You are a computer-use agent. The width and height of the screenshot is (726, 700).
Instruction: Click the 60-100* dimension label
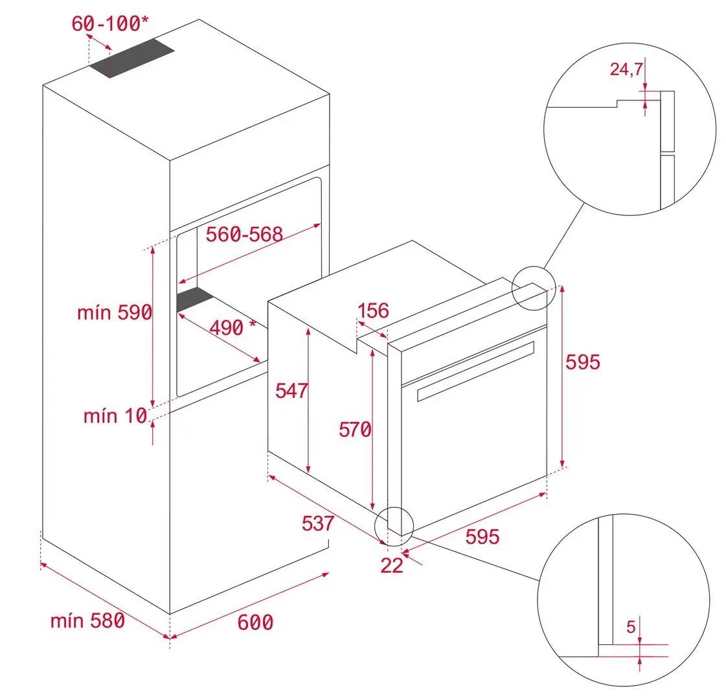pyautogui.click(x=109, y=24)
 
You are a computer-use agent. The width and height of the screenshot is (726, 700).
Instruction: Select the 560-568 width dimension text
pyautogui.click(x=244, y=234)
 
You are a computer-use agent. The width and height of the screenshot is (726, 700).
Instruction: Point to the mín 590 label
pyautogui.click(x=114, y=312)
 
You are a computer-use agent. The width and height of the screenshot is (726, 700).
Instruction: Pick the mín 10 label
pyautogui.click(x=115, y=415)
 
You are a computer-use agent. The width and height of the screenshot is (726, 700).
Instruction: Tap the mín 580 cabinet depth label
pyautogui.click(x=87, y=620)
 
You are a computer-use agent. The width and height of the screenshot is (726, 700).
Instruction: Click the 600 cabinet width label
pyautogui.click(x=255, y=622)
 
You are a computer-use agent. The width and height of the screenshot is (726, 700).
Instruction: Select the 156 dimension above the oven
pyautogui.click(x=373, y=311)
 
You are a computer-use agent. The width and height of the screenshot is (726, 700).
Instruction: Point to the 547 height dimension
pyautogui.click(x=291, y=391)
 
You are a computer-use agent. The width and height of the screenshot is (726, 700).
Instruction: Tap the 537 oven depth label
pyautogui.click(x=317, y=523)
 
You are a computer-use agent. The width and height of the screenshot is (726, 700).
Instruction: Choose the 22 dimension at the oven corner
pyautogui.click(x=391, y=565)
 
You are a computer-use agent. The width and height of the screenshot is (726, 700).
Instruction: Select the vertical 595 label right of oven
pyautogui.click(x=583, y=362)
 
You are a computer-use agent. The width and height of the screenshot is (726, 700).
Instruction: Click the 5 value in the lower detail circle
pyautogui.click(x=630, y=626)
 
